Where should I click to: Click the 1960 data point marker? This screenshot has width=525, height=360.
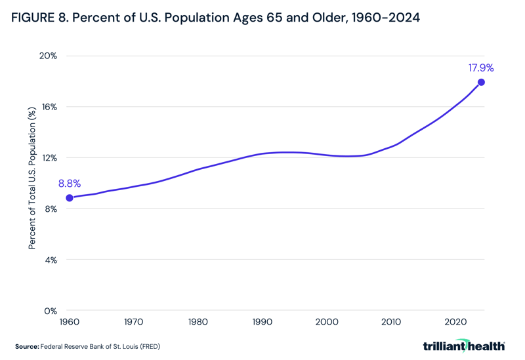tap(70, 198)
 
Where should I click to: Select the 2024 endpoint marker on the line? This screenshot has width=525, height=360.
tap(481, 82)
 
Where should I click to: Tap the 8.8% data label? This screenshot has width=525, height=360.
tap(70, 184)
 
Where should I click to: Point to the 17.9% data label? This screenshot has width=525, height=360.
tap(480, 68)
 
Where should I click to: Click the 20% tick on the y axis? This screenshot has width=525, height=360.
tap(48, 56)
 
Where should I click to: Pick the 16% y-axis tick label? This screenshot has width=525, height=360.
tap(48, 107)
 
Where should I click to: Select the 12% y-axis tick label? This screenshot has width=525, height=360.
tap(48, 158)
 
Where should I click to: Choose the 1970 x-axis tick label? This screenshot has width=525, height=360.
tap(134, 323)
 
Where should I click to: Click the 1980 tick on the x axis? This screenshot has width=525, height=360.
tap(198, 323)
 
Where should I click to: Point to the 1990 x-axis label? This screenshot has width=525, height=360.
tap(262, 323)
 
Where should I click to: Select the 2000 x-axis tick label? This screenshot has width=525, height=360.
tap(327, 323)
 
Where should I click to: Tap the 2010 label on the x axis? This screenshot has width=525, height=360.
tap(391, 323)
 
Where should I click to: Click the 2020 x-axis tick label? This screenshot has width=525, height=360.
tap(455, 323)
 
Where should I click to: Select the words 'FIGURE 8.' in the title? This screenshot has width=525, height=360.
tap(39, 18)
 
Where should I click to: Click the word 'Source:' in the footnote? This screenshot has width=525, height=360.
tap(27, 346)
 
